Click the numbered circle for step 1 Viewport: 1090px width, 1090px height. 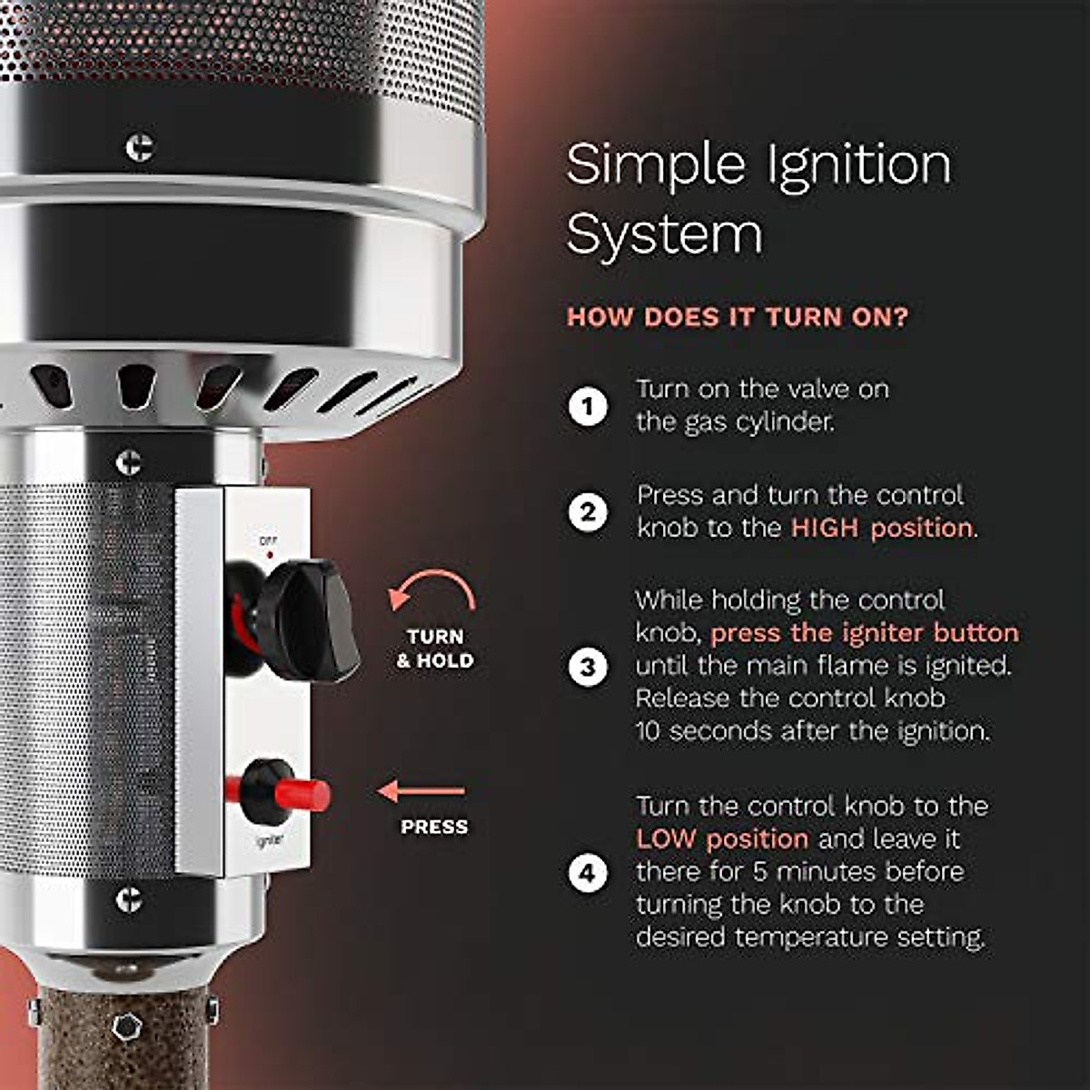click(x=588, y=406)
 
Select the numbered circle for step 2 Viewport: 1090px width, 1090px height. click(x=588, y=512)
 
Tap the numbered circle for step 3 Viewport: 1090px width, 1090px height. click(x=588, y=667)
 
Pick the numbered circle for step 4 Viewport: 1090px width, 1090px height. click(x=588, y=873)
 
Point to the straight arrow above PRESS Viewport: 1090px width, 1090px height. click(x=422, y=791)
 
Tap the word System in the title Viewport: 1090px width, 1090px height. click(x=664, y=235)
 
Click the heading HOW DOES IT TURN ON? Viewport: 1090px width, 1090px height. click(x=737, y=317)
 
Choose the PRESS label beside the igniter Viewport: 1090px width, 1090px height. click(x=434, y=827)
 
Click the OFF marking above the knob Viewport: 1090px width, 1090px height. click(x=268, y=540)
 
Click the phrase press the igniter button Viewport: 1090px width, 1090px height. click(x=864, y=633)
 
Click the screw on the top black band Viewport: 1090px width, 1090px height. click(x=139, y=147)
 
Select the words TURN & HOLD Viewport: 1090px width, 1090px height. click(x=435, y=649)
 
